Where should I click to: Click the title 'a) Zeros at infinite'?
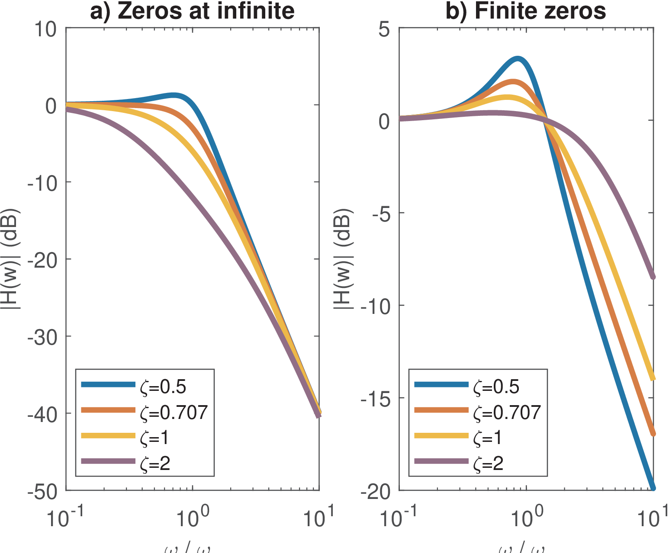tap(192, 11)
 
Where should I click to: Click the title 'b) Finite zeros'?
tap(526, 11)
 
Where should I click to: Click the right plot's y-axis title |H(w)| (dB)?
tap(344, 259)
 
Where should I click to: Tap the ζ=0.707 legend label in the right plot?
tap(507, 412)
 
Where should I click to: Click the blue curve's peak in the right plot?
tap(517, 58)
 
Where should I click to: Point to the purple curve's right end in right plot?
tap(653, 277)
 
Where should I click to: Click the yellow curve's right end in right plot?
tap(653, 379)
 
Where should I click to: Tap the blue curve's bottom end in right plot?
tap(653, 488)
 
